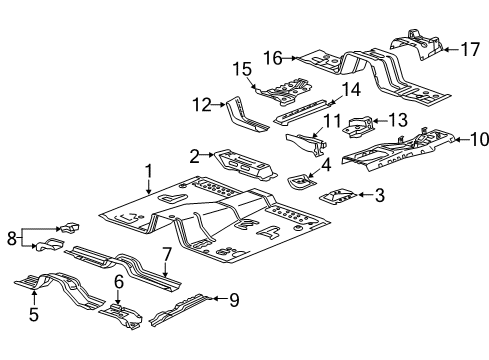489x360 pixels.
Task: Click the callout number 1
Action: click(149, 172)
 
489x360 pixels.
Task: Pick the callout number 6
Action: click(118, 284)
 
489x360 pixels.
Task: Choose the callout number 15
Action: click(240, 68)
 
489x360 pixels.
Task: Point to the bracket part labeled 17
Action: click(417, 45)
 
